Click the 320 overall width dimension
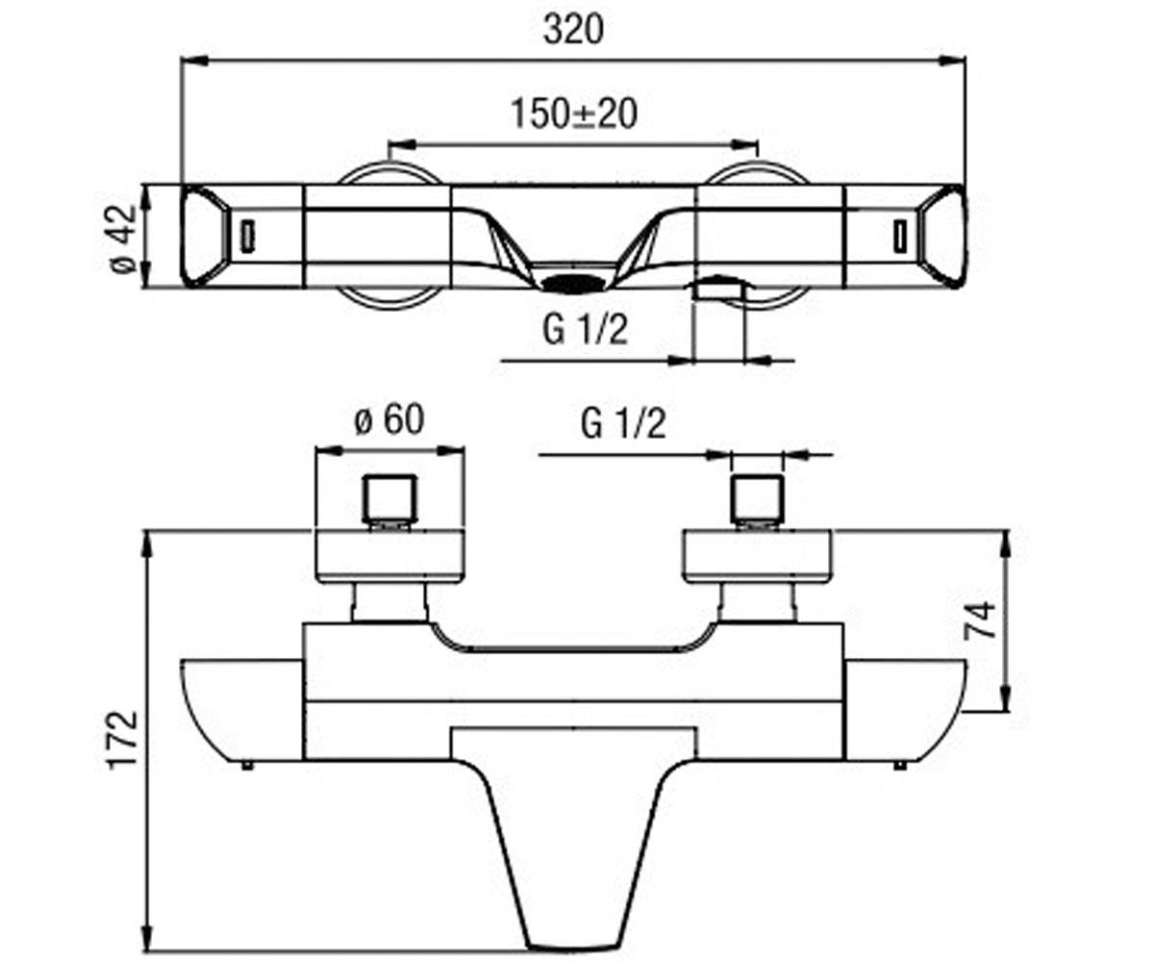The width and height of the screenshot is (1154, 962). click(573, 31)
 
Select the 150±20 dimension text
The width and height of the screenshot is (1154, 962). click(574, 114)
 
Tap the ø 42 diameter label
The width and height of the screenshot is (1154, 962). click(123, 239)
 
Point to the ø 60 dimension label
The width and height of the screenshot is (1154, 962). click(389, 419)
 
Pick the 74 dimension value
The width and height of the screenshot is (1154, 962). click(979, 620)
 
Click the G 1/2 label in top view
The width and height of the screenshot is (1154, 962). click(586, 330)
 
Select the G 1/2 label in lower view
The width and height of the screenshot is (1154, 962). click(623, 424)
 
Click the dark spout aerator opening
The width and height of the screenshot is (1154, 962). click(573, 284)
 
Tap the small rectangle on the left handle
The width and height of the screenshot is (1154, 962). click(247, 236)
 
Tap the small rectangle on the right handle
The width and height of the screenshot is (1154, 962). click(901, 236)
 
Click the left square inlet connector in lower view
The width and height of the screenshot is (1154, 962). click(389, 498)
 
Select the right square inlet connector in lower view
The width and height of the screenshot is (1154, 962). click(757, 498)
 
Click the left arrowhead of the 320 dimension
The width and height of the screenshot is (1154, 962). click(193, 61)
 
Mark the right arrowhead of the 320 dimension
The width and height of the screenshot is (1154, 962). click(953, 61)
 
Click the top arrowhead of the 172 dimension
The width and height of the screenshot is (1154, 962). click(147, 546)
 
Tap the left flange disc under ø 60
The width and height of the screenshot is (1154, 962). click(389, 556)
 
